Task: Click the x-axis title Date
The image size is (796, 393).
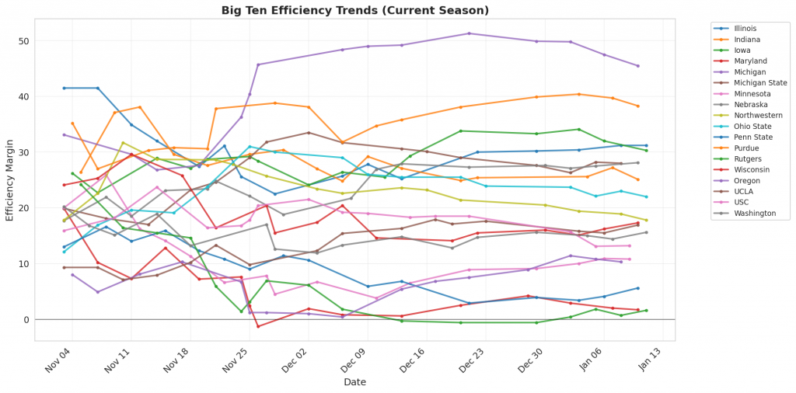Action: pos(355,382)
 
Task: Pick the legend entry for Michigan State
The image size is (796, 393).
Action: pos(760,82)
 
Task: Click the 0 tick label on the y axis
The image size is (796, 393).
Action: pos(26,320)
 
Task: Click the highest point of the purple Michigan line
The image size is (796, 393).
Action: pos(470,33)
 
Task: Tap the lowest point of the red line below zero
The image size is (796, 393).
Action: pos(258,326)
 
